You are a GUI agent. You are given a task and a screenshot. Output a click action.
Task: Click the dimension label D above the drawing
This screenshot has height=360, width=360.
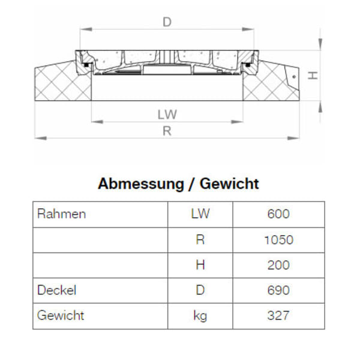(167, 22)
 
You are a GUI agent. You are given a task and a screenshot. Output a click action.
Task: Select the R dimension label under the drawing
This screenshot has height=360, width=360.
(167, 131)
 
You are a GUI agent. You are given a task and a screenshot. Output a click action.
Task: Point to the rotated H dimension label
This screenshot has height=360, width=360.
(313, 76)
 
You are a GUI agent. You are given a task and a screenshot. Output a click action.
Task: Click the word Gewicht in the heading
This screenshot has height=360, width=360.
(229, 184)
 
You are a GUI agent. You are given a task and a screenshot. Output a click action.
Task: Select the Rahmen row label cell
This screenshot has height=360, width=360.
(61, 214)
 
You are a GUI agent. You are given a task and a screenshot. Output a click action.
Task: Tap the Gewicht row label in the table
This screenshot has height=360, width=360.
(61, 316)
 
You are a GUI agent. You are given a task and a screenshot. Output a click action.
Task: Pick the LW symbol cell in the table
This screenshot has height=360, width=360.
(200, 214)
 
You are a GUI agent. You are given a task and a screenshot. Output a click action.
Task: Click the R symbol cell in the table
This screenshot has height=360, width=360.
(200, 240)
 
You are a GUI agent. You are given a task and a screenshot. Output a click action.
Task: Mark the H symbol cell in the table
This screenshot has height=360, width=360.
(200, 265)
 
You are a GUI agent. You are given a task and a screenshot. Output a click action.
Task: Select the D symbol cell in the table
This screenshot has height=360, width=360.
(200, 290)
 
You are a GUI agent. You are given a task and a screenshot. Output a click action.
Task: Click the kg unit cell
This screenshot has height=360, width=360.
(200, 316)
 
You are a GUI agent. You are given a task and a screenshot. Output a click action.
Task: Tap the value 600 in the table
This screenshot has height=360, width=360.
(278, 214)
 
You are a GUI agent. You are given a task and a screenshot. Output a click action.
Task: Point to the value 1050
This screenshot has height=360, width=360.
(278, 240)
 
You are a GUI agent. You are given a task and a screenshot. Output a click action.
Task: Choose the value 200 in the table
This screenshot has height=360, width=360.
(278, 265)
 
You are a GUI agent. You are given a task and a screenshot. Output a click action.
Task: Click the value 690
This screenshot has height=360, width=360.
(278, 290)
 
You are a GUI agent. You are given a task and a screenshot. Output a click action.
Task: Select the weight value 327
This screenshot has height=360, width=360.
(278, 316)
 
